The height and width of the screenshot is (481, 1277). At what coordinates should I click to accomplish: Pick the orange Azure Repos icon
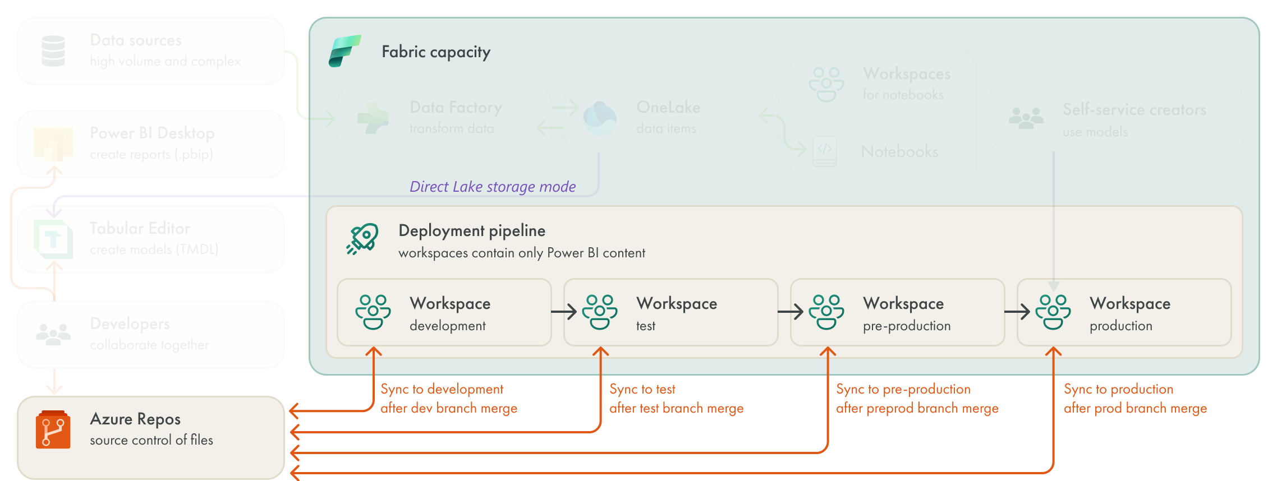[x=53, y=430]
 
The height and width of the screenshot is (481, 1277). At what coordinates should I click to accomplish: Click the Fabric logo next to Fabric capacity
[x=344, y=51]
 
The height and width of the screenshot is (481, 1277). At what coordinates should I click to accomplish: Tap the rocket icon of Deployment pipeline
[x=362, y=239]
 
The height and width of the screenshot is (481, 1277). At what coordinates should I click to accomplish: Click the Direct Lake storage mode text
[x=492, y=187]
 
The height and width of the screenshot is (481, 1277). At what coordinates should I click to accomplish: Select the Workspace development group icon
[x=373, y=312]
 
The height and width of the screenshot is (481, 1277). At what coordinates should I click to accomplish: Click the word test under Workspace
[x=645, y=326]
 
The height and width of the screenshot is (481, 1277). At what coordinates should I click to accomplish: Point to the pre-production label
[x=906, y=326]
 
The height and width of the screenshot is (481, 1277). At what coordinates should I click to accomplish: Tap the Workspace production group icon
[x=1053, y=312]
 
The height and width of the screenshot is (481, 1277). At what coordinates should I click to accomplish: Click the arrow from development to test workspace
[x=564, y=312]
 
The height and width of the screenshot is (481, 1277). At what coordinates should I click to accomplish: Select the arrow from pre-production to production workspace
[x=1017, y=312]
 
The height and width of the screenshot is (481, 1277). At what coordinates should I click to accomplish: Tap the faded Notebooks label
[x=899, y=151]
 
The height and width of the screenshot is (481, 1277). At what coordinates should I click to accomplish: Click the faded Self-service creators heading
[x=1134, y=109]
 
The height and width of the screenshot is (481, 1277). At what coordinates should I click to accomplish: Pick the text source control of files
[x=151, y=440]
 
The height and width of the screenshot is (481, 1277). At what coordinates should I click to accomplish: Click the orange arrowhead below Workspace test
[x=600, y=352]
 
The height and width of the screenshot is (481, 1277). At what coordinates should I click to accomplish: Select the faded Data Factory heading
[x=456, y=107]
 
